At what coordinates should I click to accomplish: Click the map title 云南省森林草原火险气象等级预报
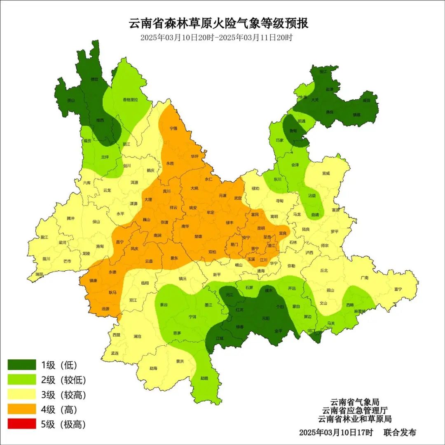pos(219,23)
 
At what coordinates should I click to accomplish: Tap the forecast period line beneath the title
pos(216,37)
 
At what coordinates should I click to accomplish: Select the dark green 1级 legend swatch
pos(22,365)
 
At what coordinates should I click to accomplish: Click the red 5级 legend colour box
pos(22,424)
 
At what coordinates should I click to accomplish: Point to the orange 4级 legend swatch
pos(22,410)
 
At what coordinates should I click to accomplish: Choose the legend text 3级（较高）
pos(63,395)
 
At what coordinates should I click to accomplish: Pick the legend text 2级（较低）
pos(63,380)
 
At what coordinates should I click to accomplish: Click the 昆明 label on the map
pos(261,228)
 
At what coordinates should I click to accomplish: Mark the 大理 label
pos(148,199)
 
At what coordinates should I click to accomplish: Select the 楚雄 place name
pos(198,237)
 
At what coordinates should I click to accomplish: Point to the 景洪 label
pos(180,361)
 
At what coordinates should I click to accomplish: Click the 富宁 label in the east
pos(398,289)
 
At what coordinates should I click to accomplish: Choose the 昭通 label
pos(302,121)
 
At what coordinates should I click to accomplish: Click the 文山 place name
pos(323,303)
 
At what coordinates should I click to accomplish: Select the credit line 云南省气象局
pos(355,402)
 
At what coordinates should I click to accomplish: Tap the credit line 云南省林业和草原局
pos(355,419)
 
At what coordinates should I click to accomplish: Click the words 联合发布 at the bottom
pos(400,432)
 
